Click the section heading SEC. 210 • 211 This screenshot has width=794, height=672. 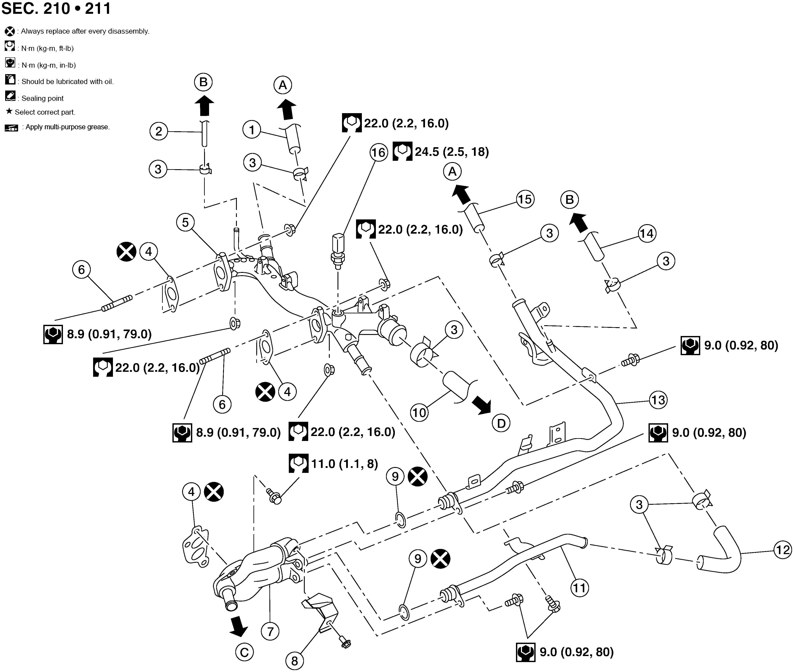click(x=56, y=8)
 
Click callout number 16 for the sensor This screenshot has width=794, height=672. click(x=378, y=152)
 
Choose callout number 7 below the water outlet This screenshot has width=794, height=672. click(x=270, y=632)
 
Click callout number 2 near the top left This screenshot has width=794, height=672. click(x=158, y=131)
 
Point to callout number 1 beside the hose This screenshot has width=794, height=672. click(x=252, y=130)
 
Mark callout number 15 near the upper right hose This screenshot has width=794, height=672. click(x=525, y=199)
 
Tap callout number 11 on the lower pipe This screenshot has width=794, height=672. click(x=580, y=588)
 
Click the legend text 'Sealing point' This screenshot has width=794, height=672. click(x=42, y=98)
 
